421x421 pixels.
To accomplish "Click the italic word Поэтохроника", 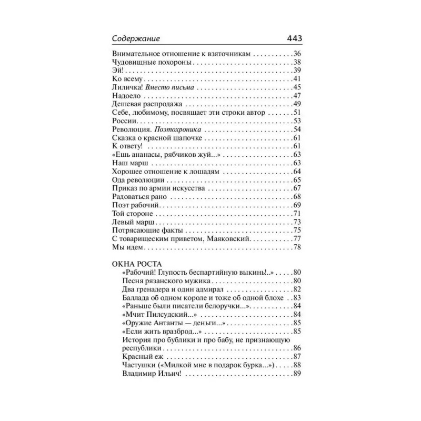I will click(x=178, y=129).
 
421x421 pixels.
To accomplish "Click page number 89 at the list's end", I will click(x=295, y=374).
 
